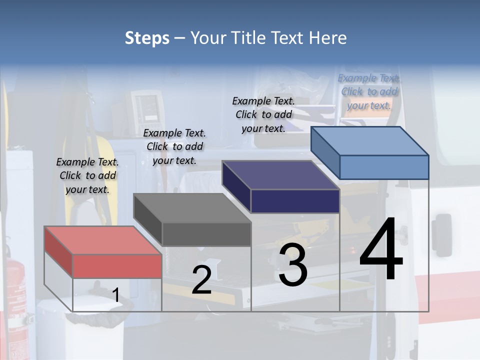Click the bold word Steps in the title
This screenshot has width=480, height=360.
(x=147, y=38)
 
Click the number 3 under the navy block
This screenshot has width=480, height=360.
(x=293, y=265)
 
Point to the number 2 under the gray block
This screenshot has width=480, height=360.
(x=201, y=280)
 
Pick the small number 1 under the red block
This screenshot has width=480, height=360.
(x=115, y=295)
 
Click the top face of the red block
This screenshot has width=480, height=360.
(x=103, y=240)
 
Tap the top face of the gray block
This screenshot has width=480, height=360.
(x=192, y=208)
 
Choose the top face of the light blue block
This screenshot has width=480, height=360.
(x=370, y=140)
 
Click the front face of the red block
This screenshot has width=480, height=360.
(x=117, y=266)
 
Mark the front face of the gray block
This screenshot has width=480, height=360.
(x=206, y=234)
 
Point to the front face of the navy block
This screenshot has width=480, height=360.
(x=295, y=201)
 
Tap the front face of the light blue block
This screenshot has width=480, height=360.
(x=384, y=167)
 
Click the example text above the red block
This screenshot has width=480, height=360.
(x=87, y=175)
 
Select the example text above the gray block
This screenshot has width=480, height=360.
(x=174, y=146)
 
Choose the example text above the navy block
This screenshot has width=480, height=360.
(x=263, y=114)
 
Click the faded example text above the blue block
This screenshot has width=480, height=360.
(x=369, y=91)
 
